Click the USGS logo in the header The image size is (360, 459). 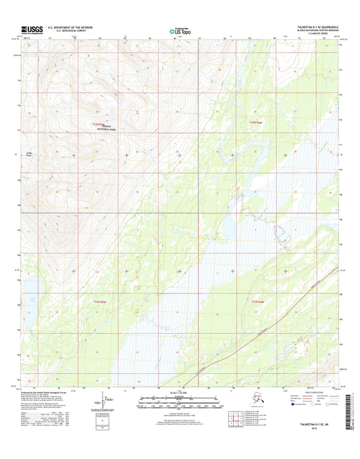(x=31, y=29)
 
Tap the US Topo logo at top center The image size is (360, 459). (x=180, y=30)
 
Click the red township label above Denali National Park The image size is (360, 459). (x=99, y=123)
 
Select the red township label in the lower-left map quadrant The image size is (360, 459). (x=99, y=301)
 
